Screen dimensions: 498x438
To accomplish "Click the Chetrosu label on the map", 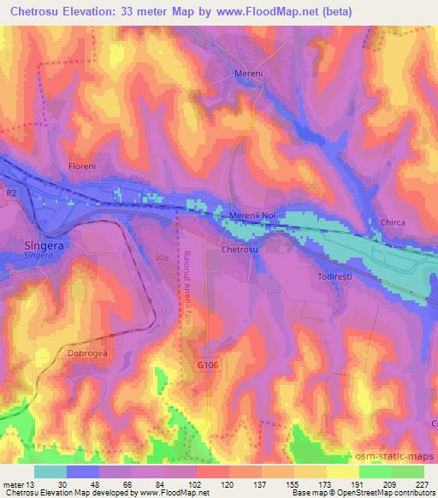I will point(239,250).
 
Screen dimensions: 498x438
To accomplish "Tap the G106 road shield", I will point(202,365).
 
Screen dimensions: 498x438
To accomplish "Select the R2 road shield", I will point(12,194).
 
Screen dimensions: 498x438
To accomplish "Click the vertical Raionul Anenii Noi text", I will point(186,287).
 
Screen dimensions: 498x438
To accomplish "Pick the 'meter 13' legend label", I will point(20,483).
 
